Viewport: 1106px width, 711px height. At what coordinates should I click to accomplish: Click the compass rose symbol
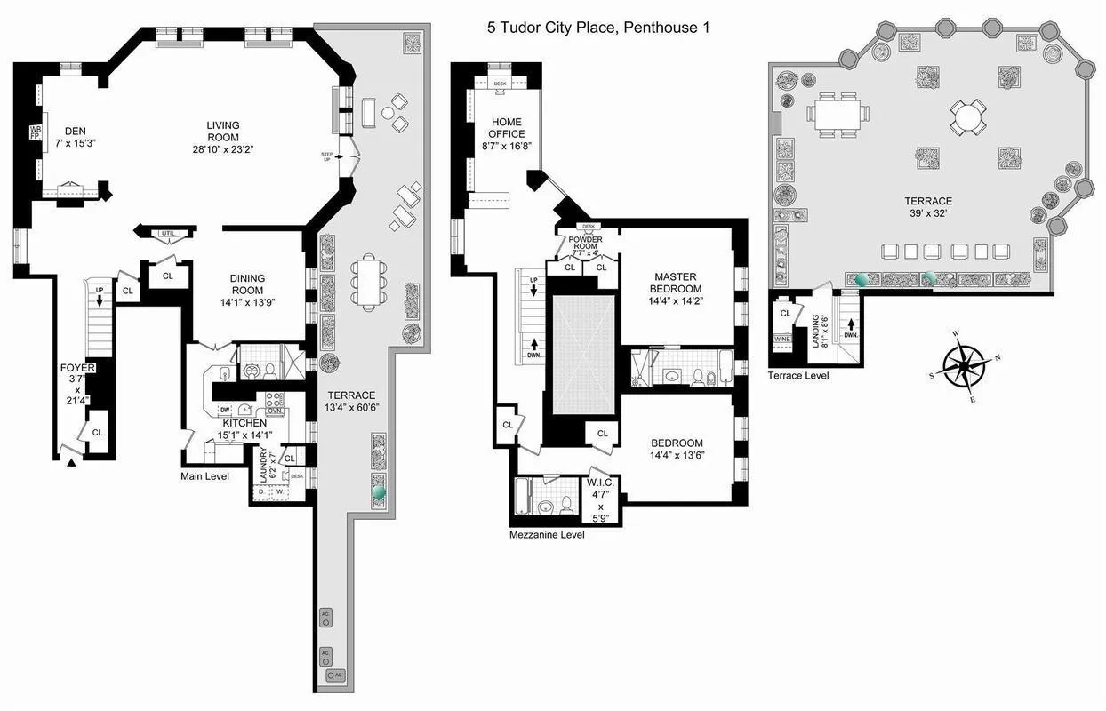click(x=965, y=365)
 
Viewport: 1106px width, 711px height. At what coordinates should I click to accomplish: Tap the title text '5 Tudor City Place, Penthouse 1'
click(x=597, y=28)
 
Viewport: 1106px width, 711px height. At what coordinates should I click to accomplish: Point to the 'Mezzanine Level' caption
click(x=548, y=536)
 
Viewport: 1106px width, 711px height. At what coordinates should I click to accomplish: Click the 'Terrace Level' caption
click(x=798, y=376)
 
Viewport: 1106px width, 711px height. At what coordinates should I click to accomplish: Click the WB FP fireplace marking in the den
click(x=36, y=133)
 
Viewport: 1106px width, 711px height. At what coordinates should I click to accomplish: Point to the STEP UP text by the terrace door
click(x=326, y=157)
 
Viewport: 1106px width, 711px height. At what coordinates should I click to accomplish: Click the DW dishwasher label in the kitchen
click(x=226, y=410)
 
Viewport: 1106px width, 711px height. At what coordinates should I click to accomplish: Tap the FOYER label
click(x=77, y=367)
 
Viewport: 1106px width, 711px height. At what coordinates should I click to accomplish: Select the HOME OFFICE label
click(x=506, y=128)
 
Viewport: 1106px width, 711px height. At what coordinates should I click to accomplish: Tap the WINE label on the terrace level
click(x=782, y=339)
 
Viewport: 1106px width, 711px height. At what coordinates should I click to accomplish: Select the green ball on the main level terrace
click(x=379, y=489)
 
